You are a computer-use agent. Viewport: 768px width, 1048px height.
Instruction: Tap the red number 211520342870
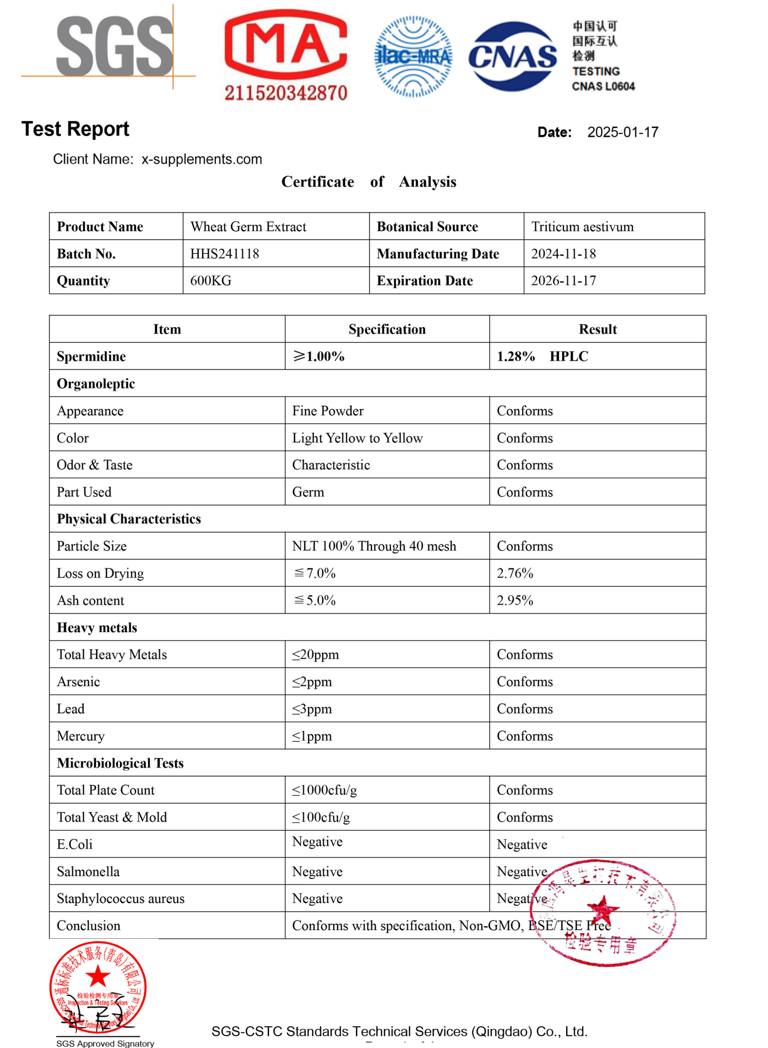pos(285,93)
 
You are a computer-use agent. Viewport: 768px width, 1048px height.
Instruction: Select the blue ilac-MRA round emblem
pos(412,57)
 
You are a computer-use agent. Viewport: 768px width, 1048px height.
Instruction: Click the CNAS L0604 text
pos(603,86)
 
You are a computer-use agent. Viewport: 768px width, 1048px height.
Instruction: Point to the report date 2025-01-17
pos(623,133)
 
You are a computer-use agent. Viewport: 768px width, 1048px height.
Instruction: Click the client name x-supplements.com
pos(201,159)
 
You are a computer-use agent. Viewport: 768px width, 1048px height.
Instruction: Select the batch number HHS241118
pos(224,254)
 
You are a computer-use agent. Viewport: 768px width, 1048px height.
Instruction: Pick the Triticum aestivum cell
pos(582,227)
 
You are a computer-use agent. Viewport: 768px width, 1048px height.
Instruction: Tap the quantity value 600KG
pos(210,281)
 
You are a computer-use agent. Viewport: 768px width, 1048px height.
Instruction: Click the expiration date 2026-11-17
pos(563,281)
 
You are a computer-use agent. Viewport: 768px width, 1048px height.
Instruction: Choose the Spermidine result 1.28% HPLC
pos(542,357)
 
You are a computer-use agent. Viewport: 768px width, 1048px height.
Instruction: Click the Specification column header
pos(387,330)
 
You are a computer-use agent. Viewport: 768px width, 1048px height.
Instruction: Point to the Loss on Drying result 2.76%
pos(515,573)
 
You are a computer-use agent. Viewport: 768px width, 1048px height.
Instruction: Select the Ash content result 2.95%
pos(515,601)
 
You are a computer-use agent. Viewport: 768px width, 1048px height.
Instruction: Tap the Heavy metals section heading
pos(97,628)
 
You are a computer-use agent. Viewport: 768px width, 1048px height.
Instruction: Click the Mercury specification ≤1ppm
pos(312,736)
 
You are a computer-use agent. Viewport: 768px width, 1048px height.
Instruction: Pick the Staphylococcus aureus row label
pos(120,899)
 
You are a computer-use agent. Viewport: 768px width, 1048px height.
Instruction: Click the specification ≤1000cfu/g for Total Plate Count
pos(324,790)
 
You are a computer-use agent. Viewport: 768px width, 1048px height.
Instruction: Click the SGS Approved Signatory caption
pos(105,1043)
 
